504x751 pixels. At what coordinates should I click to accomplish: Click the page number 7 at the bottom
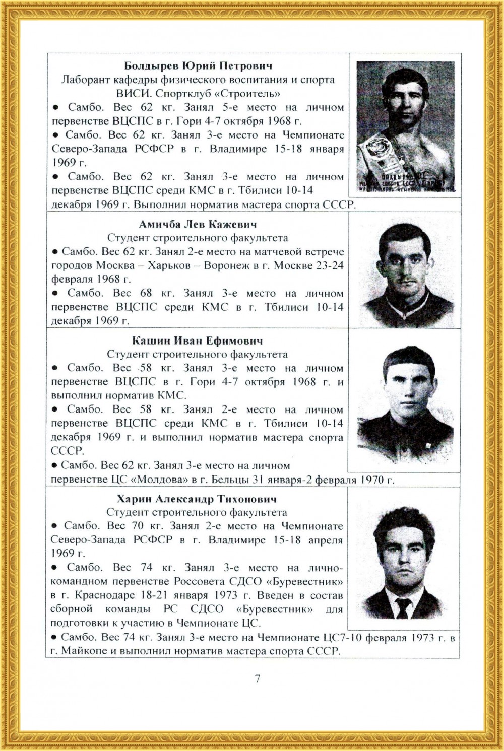pos(258,678)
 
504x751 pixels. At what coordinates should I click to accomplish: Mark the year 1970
pos(371,480)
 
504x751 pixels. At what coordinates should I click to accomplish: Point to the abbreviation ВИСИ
pos(133,94)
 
